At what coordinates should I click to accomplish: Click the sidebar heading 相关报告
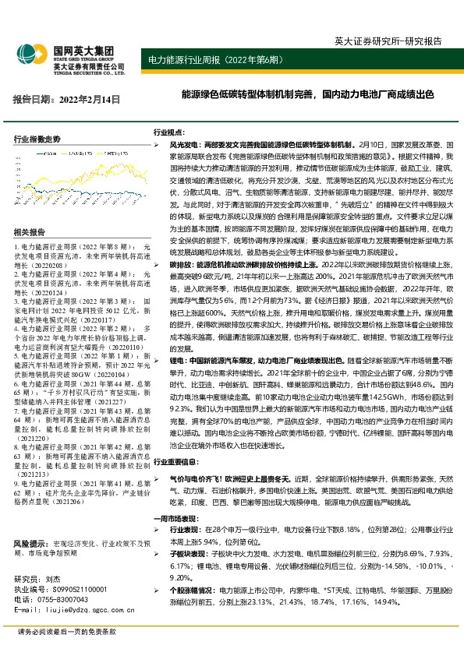click(x=29, y=232)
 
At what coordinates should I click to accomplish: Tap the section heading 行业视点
click(x=169, y=133)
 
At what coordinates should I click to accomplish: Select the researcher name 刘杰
click(x=53, y=580)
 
